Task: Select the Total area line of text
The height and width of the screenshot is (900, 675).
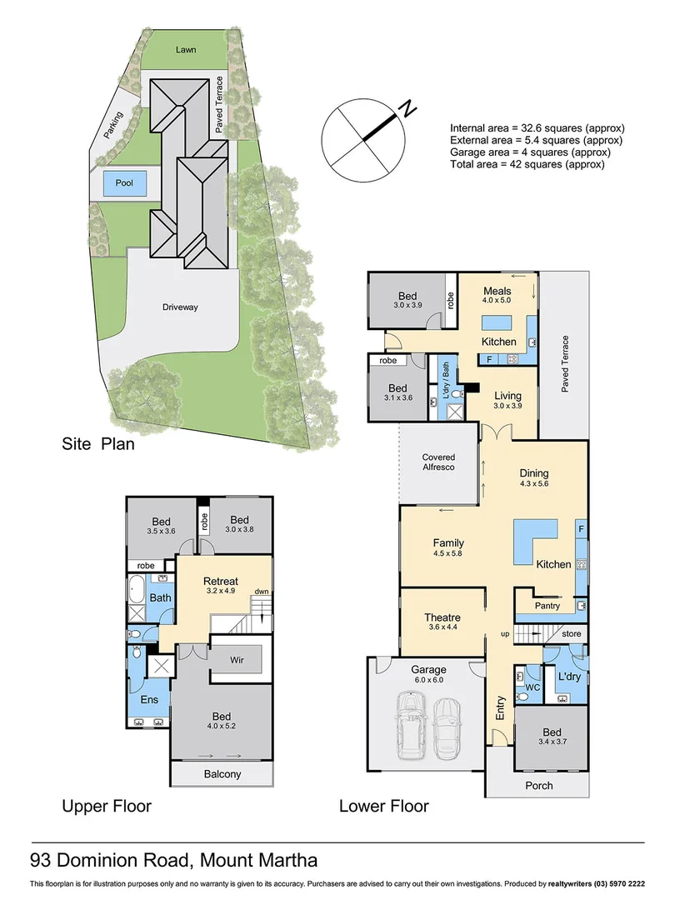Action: coord(527,165)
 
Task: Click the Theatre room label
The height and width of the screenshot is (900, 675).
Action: coord(442,617)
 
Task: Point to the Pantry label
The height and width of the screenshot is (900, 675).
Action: coord(547,606)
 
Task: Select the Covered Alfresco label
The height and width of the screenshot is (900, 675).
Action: coord(438,463)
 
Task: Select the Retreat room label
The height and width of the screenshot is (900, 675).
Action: coord(221,581)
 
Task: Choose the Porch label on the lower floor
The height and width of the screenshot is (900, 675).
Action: coord(538,785)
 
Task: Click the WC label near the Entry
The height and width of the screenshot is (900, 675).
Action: coord(532,688)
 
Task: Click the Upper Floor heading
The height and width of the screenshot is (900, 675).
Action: coord(107,807)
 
